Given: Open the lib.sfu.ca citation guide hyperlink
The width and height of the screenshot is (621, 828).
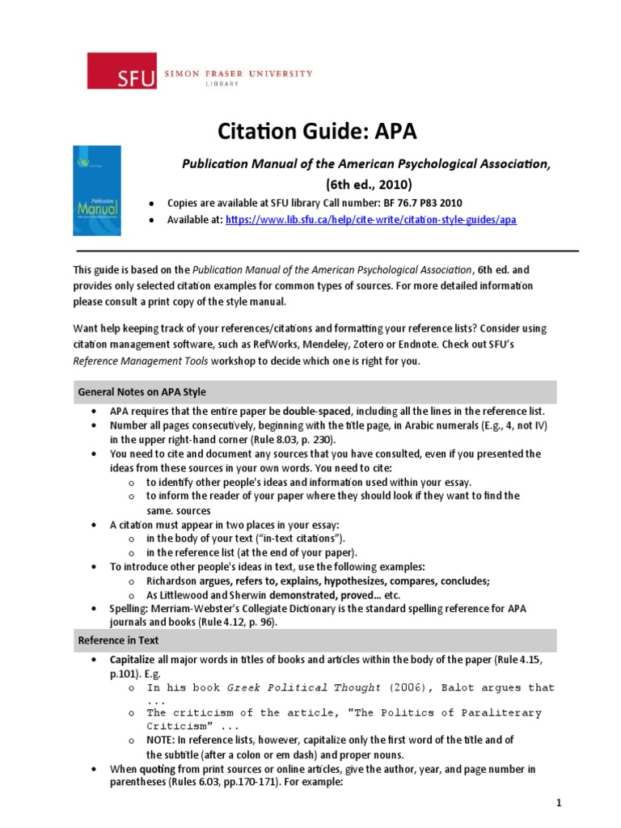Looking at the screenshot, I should [x=371, y=219].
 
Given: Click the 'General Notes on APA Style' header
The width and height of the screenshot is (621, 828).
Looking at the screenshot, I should [x=142, y=391].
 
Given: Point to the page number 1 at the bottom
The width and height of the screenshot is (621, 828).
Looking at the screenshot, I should [x=558, y=803].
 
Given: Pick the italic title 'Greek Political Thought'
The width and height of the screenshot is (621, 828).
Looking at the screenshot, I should [x=303, y=687].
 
